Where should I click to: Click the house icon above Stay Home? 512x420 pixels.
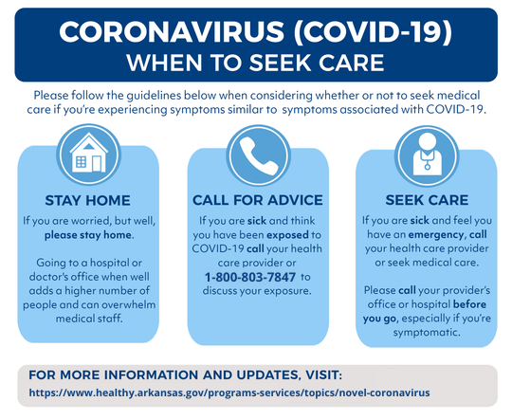click(88, 153)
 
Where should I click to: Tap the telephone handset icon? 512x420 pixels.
click(257, 155)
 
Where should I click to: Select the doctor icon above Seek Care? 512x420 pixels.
click(427, 155)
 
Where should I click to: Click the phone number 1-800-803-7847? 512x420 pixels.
click(250, 277)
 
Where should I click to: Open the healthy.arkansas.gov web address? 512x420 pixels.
click(229, 393)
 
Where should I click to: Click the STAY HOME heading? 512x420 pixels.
click(87, 200)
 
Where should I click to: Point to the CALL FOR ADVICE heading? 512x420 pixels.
click(258, 200)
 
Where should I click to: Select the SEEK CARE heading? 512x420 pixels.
click(427, 200)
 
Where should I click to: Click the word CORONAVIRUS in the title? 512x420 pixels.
click(172, 31)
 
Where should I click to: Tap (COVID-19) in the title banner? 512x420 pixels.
click(373, 31)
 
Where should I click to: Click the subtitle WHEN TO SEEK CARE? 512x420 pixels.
click(255, 63)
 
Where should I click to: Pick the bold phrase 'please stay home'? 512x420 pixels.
click(88, 235)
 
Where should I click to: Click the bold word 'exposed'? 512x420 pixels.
click(287, 235)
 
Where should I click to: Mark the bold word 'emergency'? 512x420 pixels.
click(435, 234)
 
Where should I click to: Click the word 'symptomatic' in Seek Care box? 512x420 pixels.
click(427, 333)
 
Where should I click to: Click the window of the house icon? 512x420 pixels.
click(81, 162)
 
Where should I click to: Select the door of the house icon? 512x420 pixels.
click(97, 164)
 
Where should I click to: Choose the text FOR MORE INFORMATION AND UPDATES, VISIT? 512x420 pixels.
click(186, 374)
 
